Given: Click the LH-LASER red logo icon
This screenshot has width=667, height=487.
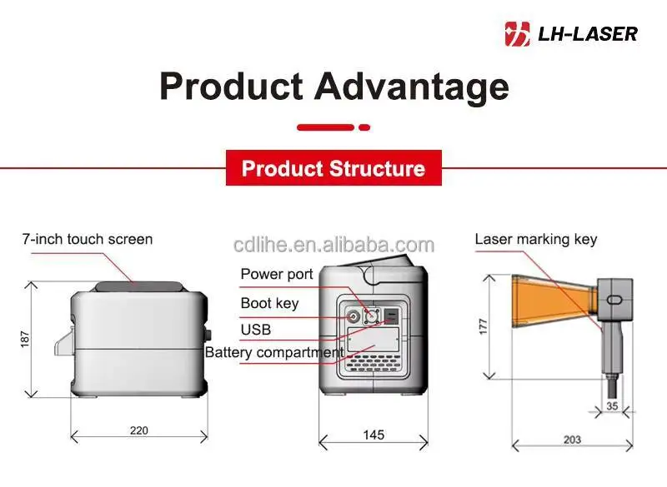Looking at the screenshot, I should pyautogui.click(x=518, y=33).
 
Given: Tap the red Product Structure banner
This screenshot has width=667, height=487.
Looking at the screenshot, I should pyautogui.click(x=333, y=169).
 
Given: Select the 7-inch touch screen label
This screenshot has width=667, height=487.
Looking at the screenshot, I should pyautogui.click(x=88, y=239).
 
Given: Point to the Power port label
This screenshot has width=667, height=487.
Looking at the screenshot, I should pyautogui.click(x=277, y=274).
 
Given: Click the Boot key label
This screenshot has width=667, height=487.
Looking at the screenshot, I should pyautogui.click(x=269, y=303).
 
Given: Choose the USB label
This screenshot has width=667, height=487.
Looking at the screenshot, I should pyautogui.click(x=256, y=330).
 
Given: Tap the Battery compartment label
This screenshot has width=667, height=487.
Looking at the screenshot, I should pyautogui.click(x=274, y=352).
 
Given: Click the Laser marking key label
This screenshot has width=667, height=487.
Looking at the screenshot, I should pyautogui.click(x=536, y=239).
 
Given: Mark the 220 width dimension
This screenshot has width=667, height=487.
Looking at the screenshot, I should pyautogui.click(x=138, y=430).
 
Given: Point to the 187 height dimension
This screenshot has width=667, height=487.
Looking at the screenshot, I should pyautogui.click(x=25, y=339).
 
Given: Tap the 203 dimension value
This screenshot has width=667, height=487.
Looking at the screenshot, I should pyautogui.click(x=571, y=439).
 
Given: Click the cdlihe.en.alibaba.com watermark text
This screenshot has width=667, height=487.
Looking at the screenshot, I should pyautogui.click(x=333, y=245).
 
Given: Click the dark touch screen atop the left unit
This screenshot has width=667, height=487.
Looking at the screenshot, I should pyautogui.click(x=138, y=286).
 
